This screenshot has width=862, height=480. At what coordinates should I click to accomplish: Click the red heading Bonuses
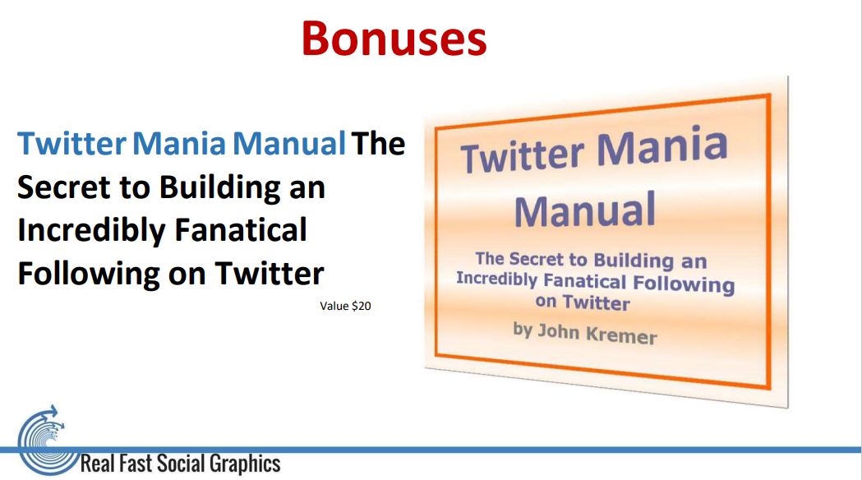[394, 38]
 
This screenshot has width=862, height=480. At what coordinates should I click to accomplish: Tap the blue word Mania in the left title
[178, 144]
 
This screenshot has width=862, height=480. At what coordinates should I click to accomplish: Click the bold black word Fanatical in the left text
[240, 230]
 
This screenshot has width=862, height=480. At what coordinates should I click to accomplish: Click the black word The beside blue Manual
[378, 144]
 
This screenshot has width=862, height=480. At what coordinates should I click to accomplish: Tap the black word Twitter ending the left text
[269, 273]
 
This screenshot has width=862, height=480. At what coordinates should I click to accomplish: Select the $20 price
[362, 306]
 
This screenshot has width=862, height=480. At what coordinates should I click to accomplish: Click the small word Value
[334, 306]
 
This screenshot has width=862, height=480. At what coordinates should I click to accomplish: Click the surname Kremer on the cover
[620, 335]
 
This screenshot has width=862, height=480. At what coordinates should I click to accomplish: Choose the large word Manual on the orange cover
[585, 210]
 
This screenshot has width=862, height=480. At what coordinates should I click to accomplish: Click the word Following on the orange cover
[684, 284]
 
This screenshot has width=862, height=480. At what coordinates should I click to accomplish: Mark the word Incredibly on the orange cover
[496, 278]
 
